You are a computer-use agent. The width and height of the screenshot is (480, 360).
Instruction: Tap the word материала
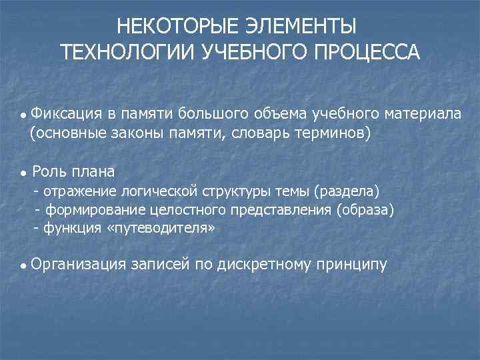tap(424, 113)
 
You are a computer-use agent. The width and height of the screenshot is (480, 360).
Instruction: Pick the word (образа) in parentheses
tap(365, 211)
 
